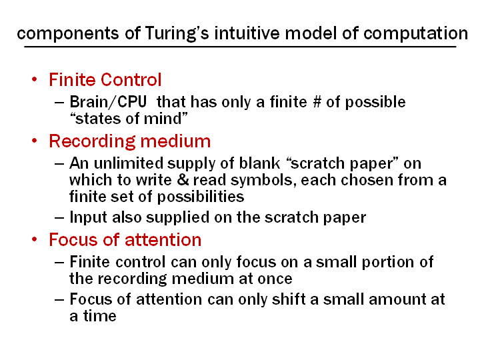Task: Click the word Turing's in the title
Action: tap(177, 34)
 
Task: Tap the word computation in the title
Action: tap(415, 34)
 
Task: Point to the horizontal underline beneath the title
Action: tap(240, 47)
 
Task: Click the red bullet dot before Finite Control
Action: tap(34, 79)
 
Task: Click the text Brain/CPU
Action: tap(108, 101)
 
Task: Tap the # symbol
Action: tap(317, 101)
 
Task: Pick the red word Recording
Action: tap(92, 141)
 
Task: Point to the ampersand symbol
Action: tap(183, 180)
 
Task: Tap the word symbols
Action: tap(263, 180)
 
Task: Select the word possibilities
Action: tap(201, 197)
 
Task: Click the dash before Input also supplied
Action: tap(59, 217)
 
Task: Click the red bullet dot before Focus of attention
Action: tap(34, 239)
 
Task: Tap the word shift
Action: tap(289, 299)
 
